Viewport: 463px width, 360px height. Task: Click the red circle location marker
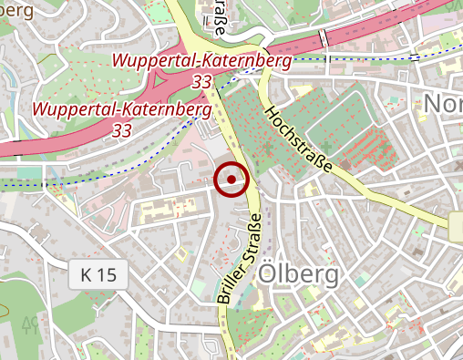pyautogui.click(x=231, y=180)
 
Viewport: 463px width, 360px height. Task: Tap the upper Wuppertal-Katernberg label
pyautogui.click(x=201, y=61)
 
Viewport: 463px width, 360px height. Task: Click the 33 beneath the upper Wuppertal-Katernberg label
pyautogui.click(x=202, y=82)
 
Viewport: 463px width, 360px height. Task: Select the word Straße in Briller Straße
pyautogui.click(x=252, y=235)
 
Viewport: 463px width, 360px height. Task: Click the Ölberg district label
pyautogui.click(x=298, y=274)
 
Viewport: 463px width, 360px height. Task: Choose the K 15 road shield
pyautogui.click(x=98, y=273)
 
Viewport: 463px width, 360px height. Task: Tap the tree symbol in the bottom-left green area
pyautogui.click(x=28, y=324)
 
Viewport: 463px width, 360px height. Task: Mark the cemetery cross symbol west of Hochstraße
pyautogui.click(x=266, y=146)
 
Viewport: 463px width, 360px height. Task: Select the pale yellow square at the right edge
pyautogui.click(x=456, y=227)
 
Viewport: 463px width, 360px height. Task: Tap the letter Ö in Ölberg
pyautogui.click(x=268, y=274)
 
